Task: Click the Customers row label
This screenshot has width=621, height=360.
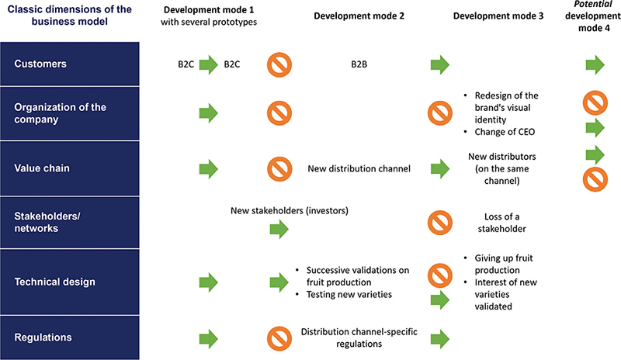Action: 40,64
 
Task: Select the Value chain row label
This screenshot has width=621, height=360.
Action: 42,168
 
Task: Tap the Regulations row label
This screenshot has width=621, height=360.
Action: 43,337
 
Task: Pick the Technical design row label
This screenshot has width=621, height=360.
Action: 54,282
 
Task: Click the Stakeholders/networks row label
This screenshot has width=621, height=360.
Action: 47,222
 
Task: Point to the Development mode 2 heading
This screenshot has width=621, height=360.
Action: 359,16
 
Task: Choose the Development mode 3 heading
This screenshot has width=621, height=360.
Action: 498,16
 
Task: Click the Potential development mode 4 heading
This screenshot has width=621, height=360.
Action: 593,16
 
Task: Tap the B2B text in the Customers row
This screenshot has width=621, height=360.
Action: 359,64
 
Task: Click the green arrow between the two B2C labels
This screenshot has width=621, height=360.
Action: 209,64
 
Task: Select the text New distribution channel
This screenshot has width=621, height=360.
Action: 359,168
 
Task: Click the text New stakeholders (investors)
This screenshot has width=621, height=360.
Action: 290,211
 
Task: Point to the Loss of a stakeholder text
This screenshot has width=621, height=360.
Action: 501,223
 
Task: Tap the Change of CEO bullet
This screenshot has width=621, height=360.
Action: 500,132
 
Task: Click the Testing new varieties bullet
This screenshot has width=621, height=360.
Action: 344,294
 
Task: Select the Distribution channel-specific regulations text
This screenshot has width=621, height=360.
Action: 359,337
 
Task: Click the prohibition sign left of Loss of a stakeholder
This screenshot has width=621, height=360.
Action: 440,223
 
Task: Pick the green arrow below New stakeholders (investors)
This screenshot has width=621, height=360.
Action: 279,230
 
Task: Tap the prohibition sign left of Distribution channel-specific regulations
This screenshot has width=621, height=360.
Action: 279,338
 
